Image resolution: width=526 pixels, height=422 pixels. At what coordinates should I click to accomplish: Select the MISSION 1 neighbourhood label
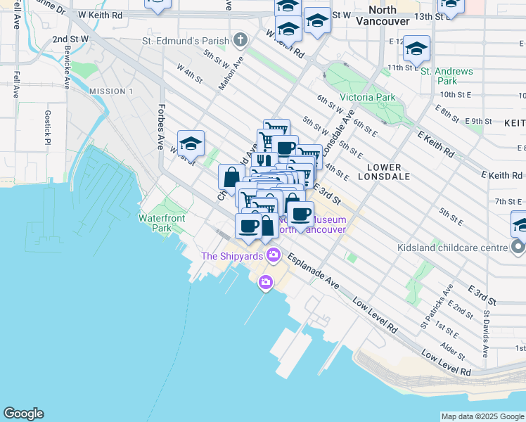(111, 91)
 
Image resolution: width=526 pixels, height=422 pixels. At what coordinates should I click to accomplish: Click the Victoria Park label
(367, 97)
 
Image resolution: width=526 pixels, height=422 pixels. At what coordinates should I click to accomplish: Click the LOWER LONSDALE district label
(384, 173)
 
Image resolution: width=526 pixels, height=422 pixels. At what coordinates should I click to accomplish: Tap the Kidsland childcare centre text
(456, 248)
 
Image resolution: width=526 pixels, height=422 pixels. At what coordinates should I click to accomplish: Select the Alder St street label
(447, 349)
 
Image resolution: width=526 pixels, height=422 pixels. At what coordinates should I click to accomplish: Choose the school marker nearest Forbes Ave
(191, 143)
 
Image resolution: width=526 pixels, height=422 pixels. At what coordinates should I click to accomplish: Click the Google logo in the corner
(23, 414)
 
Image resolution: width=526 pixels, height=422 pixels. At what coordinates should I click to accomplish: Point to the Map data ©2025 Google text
(482, 416)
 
